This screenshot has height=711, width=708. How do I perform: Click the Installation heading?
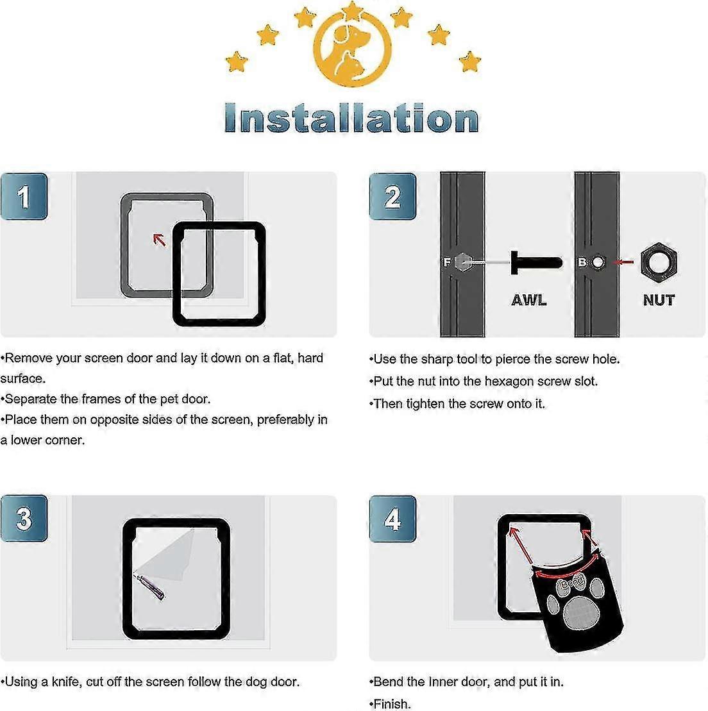coord(351,119)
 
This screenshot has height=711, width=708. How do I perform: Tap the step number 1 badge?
coord(24,197)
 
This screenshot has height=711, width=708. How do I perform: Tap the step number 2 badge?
coord(392,197)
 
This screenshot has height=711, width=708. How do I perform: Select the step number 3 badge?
coord(24,519)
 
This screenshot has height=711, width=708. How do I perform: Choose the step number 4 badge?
coord(392,519)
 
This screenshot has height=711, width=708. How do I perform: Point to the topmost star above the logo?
coord(351,9)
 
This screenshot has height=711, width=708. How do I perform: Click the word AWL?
coord(529,299)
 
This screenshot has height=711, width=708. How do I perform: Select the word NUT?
coord(659,299)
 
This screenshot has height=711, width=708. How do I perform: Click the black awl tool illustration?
coord(535,262)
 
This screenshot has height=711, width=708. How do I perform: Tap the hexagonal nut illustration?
coord(659,262)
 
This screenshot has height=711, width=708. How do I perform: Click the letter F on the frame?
coord(447,262)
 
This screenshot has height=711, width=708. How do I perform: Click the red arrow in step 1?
coord(159,240)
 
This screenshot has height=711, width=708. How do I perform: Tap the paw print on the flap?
coord(578,607)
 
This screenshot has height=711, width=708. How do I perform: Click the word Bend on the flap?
coord(572,583)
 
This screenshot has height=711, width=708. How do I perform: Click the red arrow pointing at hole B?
coord(623,262)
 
